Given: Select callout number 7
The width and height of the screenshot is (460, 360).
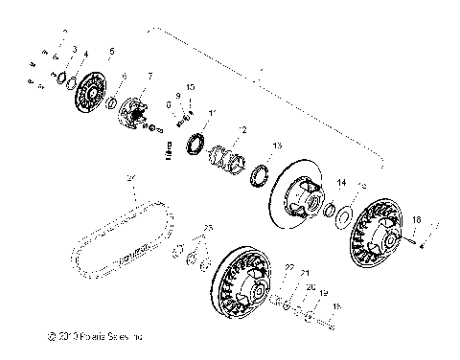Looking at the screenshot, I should (x=149, y=75).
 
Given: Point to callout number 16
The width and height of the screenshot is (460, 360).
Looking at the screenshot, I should (x=416, y=219).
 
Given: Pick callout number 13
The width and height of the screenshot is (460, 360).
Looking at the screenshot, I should (x=276, y=145).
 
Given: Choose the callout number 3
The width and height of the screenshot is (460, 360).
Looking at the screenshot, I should (x=75, y=47).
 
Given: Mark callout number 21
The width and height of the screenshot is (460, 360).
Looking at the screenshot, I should (x=306, y=273).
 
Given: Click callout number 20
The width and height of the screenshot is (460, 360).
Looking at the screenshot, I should (x=310, y=286).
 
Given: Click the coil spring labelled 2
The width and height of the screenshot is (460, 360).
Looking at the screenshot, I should (x=230, y=154).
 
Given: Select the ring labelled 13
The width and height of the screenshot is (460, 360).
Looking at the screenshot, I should (x=259, y=175).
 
